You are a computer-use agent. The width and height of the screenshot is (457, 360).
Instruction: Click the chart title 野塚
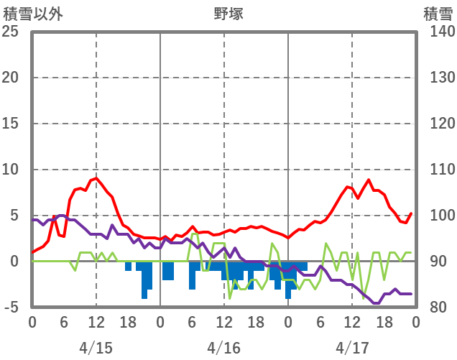pos(229,13)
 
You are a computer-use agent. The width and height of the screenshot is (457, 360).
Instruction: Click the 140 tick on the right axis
pos(436,32)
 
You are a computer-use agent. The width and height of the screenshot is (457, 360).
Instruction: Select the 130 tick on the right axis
pos(436,78)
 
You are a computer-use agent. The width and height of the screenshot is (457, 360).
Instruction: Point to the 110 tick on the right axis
pos(436,170)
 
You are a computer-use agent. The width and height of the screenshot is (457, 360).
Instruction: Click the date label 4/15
pos(96,348)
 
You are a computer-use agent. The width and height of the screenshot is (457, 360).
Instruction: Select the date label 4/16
pos(223,348)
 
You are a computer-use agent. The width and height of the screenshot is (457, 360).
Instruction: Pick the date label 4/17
pos(351,348)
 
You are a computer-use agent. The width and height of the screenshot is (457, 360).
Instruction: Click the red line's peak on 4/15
pos(96,177)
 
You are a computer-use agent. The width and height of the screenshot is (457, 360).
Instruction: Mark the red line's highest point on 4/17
pos(369,180)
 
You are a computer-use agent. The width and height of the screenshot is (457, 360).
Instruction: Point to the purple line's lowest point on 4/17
pos(375,303)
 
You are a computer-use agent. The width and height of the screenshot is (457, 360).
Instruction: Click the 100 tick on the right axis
pos(436,216)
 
